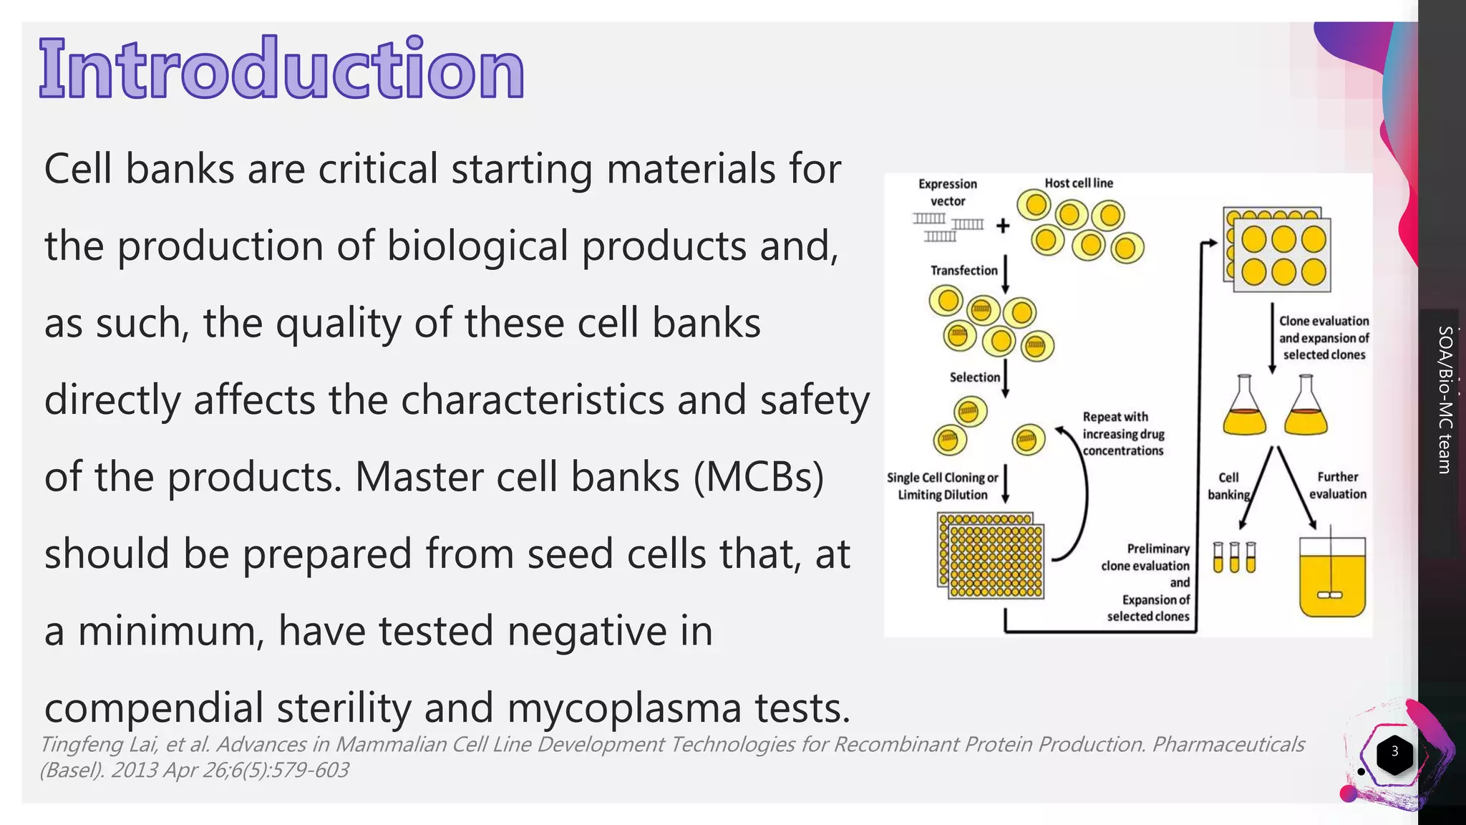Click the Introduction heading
point(282,69)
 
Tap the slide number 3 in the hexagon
point(1394,751)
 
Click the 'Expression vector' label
point(948,192)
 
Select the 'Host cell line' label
point(1079,183)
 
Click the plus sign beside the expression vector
point(1003,226)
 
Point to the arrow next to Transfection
point(1005,274)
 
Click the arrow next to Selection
point(1005,379)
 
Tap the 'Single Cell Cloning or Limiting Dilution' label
point(942,486)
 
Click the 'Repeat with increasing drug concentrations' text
point(1123,433)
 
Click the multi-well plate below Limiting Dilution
point(991,556)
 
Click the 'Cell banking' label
point(1228,486)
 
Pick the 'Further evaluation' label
point(1337,486)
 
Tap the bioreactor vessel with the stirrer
point(1332,576)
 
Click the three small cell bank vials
point(1234,557)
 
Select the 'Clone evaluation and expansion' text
point(1324,338)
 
